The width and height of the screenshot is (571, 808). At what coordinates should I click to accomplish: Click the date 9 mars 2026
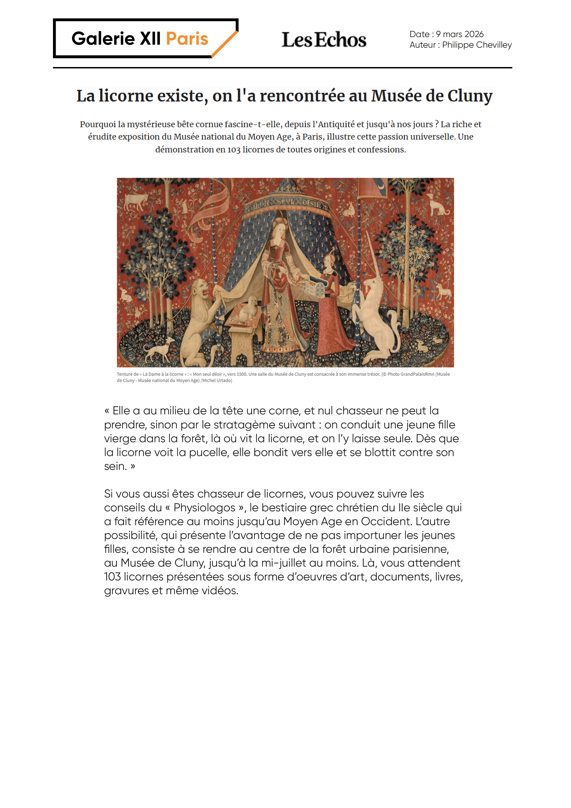point(460,34)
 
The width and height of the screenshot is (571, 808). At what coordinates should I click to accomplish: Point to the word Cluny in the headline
point(470,96)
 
